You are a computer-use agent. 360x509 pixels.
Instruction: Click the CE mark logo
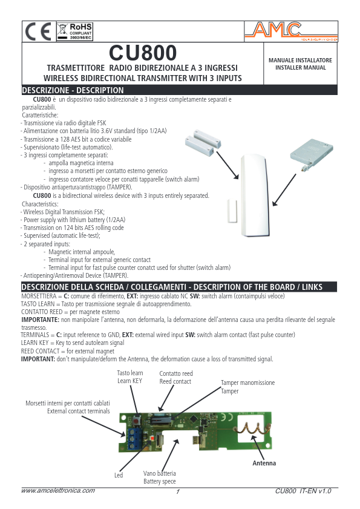[x=39, y=31]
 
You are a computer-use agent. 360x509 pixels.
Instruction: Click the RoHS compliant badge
[x=74, y=31]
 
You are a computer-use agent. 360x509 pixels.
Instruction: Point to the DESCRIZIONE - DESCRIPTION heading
[x=73, y=90]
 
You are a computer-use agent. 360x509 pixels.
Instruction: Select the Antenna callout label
[x=264, y=463]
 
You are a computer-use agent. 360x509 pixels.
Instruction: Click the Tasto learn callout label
[x=130, y=377]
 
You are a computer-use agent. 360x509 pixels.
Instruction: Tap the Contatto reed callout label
[x=175, y=377]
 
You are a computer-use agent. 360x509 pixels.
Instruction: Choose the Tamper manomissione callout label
[x=247, y=387]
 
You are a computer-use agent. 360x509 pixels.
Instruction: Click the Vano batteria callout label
[x=160, y=477]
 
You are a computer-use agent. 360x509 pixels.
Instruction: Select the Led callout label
[x=119, y=475]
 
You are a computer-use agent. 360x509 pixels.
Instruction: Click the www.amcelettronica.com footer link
[x=58, y=491]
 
